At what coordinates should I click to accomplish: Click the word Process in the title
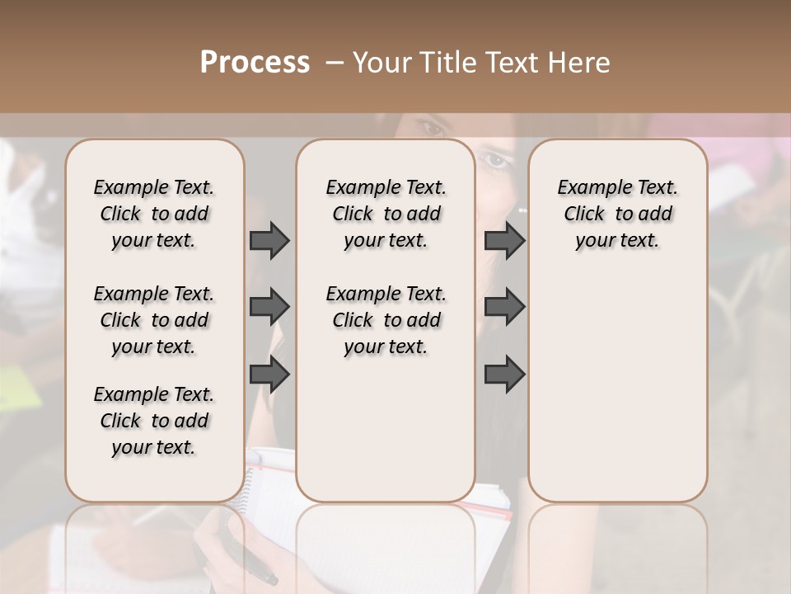(x=255, y=62)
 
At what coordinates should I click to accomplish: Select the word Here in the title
(x=580, y=63)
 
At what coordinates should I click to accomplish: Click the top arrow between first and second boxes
(x=269, y=241)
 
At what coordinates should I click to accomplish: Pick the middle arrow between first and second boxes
(x=269, y=307)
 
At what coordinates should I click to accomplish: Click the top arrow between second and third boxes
(x=504, y=241)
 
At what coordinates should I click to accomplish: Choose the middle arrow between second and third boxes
(x=504, y=307)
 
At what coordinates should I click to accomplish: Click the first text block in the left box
(x=154, y=214)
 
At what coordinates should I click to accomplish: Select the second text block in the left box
(x=154, y=320)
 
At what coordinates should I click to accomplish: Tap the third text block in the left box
(x=154, y=421)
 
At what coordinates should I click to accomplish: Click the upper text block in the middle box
(x=386, y=214)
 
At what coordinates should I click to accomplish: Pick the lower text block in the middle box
(x=386, y=320)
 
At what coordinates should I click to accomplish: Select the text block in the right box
(x=617, y=214)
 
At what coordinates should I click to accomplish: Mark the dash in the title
(x=335, y=63)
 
